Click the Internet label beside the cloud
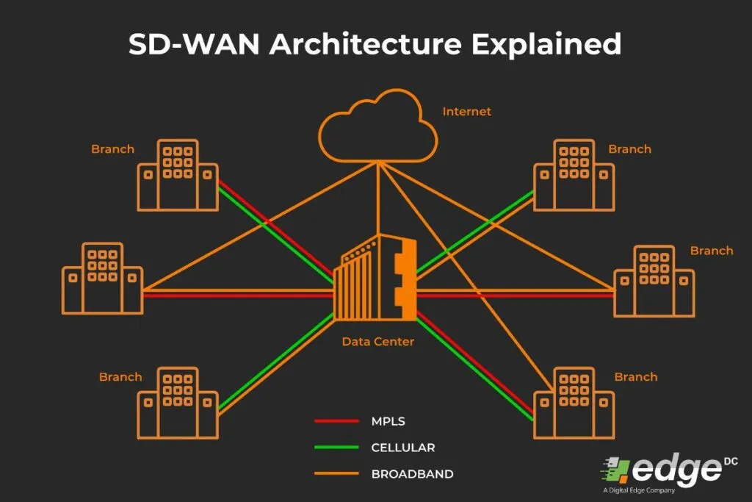tap(466, 112)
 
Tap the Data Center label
tap(377, 342)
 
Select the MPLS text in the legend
tap(388, 422)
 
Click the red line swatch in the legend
tap(336, 422)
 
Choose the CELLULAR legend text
tap(403, 448)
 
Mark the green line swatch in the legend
tap(336, 448)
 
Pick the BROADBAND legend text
tap(412, 474)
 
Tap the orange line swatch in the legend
tap(336, 474)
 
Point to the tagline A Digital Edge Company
tap(638, 490)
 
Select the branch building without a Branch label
tap(102, 278)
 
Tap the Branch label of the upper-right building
tap(629, 149)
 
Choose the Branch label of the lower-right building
tap(635, 377)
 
